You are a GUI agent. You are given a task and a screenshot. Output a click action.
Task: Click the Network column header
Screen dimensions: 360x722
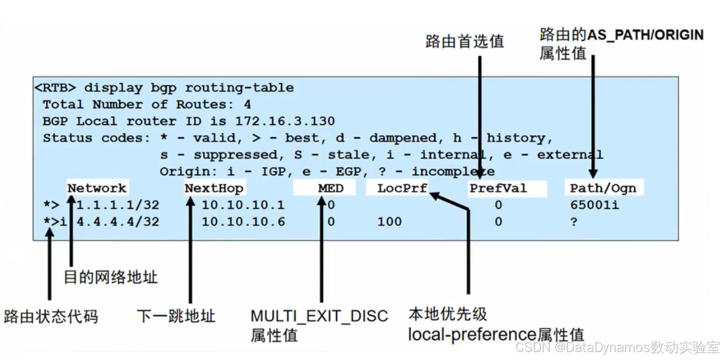97,188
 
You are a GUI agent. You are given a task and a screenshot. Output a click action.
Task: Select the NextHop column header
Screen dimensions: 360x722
214,188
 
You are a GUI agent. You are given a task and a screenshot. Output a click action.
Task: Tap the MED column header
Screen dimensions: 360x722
331,188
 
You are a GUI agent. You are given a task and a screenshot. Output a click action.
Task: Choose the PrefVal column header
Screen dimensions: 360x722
498,188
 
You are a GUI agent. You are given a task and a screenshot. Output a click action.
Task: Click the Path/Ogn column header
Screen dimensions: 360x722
603,188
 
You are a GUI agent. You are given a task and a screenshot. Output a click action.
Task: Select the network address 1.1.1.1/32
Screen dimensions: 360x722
118,205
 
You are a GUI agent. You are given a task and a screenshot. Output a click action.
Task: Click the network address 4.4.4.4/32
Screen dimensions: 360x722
118,221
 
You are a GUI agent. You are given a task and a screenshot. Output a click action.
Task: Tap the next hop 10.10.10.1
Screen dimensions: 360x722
243,205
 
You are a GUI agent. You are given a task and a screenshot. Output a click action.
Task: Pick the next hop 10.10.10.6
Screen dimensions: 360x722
243,221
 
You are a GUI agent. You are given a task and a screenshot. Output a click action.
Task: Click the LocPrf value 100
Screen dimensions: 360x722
390,221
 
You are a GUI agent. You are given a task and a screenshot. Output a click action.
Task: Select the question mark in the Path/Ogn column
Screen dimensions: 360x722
574,221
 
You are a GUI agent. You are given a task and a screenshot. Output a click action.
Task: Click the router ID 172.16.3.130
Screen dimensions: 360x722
285,121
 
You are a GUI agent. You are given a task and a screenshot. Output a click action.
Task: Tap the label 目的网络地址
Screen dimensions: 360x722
111,276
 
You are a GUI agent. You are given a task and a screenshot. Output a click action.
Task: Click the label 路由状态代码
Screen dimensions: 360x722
51,316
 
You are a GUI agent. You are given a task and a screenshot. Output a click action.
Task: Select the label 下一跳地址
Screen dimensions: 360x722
176,316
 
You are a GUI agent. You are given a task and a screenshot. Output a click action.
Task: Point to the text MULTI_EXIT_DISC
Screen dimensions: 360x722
319,316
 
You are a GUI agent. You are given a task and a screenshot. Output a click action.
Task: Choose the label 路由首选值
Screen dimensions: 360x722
465,41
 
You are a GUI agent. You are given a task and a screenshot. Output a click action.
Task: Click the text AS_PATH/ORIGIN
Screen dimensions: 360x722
645,35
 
